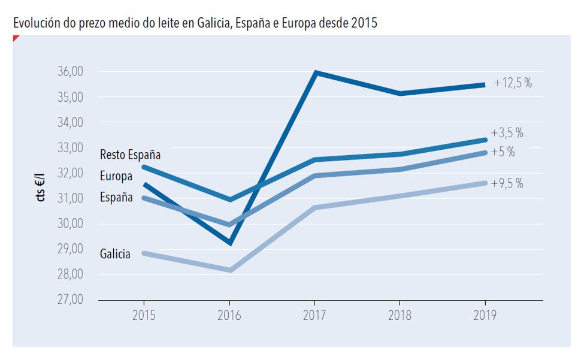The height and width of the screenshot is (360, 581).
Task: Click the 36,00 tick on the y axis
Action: point(71,71)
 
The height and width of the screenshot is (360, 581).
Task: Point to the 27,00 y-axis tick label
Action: point(71,299)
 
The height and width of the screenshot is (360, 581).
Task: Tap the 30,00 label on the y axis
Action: point(71,223)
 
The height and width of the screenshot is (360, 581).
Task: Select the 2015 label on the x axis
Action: point(144,315)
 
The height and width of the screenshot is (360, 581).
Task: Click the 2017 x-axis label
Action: point(314,315)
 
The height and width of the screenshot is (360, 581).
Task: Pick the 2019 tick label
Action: point(485,315)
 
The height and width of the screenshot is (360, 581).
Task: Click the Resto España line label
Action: point(130,155)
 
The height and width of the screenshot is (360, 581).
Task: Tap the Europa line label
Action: point(116,176)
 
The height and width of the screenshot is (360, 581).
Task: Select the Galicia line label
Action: point(115,254)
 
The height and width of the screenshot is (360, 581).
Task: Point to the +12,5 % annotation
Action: point(513,83)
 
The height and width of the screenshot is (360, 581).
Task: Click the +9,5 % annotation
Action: point(507,183)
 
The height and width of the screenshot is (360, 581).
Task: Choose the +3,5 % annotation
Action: point(507,133)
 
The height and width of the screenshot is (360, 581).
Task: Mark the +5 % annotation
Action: point(503,152)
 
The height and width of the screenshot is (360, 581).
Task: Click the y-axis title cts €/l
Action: point(40,187)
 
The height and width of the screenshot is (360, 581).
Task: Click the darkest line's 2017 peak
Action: point(315,72)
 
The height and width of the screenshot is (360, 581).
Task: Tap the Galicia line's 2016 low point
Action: point(231,270)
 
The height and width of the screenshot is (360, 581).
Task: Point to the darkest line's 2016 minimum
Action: point(231,243)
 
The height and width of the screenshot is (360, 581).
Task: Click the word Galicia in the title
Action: point(214,23)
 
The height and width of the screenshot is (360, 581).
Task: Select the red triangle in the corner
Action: point(15,37)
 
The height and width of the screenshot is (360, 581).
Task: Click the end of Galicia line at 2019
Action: point(485,183)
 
